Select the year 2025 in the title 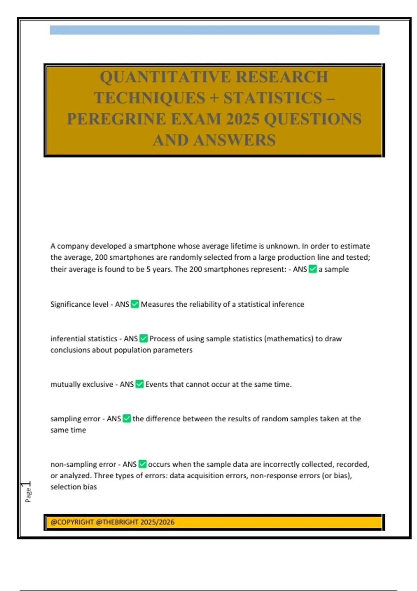(243, 119)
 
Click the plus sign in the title (214, 98)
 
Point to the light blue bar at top (214, 30)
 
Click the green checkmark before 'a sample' (313, 269)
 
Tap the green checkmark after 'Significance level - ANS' (135, 304)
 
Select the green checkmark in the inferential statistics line (144, 339)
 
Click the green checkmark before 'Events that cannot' (139, 384)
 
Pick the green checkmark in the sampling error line (127, 419)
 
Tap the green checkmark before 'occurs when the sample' (142, 464)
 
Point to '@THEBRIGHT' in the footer (116, 522)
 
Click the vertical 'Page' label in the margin (28, 495)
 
